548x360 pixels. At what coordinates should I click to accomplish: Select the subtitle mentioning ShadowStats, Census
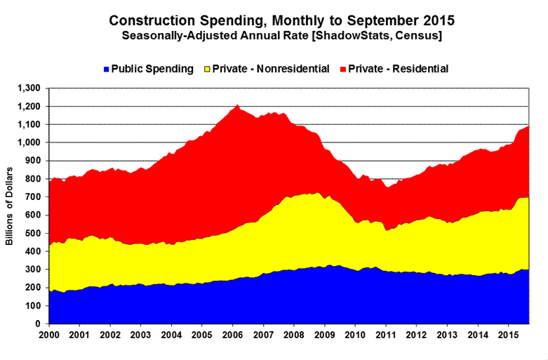point(279,36)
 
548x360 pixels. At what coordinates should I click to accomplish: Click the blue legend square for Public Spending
point(106,69)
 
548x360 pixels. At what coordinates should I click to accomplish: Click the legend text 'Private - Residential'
point(398,69)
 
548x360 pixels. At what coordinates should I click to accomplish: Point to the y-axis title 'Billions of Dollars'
point(11,206)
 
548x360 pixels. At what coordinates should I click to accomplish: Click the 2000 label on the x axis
point(50,335)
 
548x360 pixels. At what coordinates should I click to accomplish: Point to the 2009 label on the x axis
point(324,335)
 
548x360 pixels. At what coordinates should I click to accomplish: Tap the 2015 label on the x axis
point(507,335)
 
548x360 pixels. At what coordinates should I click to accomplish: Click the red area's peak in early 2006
point(238,106)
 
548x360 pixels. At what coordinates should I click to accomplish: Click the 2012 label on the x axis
point(415,335)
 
